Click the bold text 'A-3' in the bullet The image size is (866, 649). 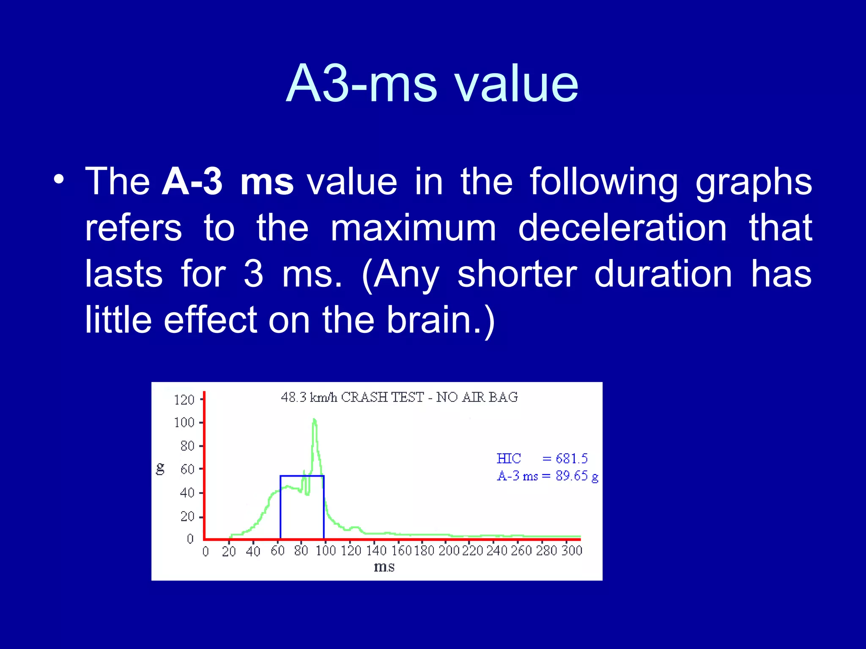click(x=192, y=182)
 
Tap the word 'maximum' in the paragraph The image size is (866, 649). click(x=413, y=228)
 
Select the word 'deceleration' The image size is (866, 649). click(x=622, y=228)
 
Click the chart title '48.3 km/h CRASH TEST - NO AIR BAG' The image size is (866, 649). click(x=399, y=397)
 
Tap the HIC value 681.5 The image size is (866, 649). click(x=571, y=458)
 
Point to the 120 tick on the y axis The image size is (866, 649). click(x=184, y=400)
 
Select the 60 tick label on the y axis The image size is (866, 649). click(x=187, y=469)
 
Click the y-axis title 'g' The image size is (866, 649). click(x=160, y=469)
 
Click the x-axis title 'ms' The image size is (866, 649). click(x=384, y=567)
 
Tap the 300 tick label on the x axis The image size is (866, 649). click(x=572, y=551)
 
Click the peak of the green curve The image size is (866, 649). click(x=314, y=420)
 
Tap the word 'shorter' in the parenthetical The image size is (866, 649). click(x=517, y=274)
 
